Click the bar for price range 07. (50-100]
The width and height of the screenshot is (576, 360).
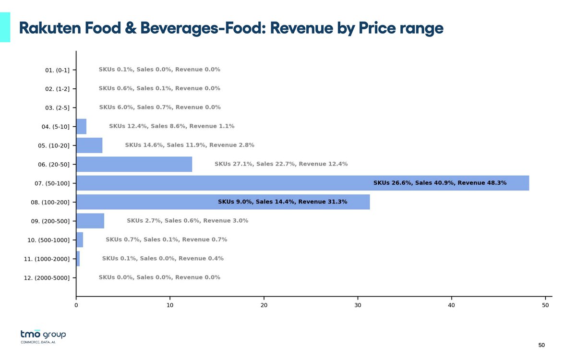coord(302,183)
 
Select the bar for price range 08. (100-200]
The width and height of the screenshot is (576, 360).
coord(223,202)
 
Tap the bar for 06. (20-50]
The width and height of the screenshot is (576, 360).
coord(134,164)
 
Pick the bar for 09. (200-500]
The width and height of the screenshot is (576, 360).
coord(90,221)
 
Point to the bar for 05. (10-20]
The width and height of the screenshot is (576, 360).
coord(89,145)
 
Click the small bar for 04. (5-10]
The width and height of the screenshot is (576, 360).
coord(81,126)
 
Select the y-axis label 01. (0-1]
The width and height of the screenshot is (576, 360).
coord(57,70)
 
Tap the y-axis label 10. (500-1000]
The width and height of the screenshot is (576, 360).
coord(47,240)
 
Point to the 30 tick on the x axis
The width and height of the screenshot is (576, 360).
coord(358,304)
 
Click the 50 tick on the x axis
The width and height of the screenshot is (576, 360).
coord(545,304)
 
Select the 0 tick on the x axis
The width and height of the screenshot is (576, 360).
coord(76,304)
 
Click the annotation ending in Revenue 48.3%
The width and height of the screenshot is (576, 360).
coord(440,183)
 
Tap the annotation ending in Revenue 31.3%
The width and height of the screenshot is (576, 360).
coord(282,202)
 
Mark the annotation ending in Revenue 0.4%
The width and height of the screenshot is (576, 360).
coord(163,259)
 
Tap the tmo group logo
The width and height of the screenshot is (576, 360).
coord(43,336)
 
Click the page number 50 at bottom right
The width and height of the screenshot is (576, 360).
coord(541,345)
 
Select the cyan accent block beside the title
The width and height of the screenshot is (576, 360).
coord(5,27)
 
